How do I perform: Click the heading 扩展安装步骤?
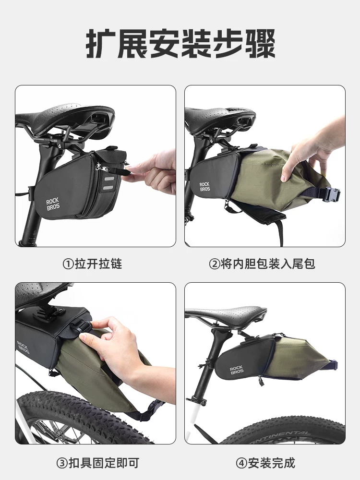click(x=180, y=45)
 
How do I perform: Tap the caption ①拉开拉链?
click(x=93, y=264)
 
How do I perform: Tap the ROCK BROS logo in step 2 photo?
click(x=205, y=187)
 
